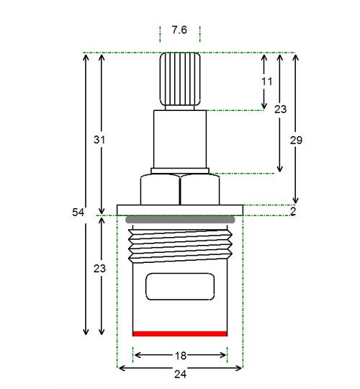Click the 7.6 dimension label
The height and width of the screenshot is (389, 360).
coord(179,30)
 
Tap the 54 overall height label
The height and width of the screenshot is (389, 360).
coord(78,213)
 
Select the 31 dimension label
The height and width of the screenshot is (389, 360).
coord(99,140)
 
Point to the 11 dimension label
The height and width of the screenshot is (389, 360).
coord(267,81)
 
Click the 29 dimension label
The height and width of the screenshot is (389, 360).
coord(297,140)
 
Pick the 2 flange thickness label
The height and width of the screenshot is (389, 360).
coord(293,211)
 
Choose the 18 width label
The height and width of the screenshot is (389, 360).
coord(181,356)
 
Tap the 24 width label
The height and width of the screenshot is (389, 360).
coord(180,374)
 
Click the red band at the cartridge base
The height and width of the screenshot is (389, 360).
coord(180,334)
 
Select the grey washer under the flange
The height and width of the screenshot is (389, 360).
coord(180,220)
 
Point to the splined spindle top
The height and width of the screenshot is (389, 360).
coord(180,79)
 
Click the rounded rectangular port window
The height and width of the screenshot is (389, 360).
coord(180,287)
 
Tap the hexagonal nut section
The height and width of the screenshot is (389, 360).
coord(180,189)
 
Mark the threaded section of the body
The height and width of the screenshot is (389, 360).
coord(180,246)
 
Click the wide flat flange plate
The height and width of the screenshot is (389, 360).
coord(180,210)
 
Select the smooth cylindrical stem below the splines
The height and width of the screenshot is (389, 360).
coord(180,139)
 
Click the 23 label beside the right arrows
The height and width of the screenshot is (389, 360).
coord(280,109)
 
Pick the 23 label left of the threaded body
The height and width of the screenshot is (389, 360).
coord(99,269)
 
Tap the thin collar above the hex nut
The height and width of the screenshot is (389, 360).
coord(180,171)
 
